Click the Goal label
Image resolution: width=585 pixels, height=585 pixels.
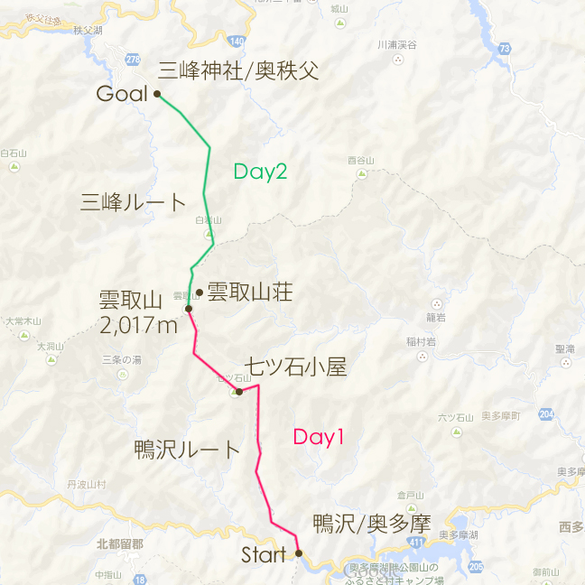point(121,94)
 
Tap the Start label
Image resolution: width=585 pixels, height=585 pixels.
point(263,555)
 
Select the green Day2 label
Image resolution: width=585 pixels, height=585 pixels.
point(260,171)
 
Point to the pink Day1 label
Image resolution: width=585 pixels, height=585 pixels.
point(319,438)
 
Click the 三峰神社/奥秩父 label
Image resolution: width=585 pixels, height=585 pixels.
point(238,71)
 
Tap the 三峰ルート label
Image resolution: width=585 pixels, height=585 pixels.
point(133,202)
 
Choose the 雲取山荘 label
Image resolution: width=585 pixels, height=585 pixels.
point(250,292)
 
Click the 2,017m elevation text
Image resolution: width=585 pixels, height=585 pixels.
point(139,325)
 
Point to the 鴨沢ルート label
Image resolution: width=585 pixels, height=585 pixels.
point(187,449)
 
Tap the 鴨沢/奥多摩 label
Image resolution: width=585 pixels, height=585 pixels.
point(371,524)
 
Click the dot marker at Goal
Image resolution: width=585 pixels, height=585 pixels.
point(157,93)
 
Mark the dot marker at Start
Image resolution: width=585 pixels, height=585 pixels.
point(299,553)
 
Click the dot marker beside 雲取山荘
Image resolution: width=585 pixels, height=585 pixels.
point(199,292)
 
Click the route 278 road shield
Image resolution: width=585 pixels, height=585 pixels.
point(133,60)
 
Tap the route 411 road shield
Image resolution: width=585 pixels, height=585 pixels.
point(414,541)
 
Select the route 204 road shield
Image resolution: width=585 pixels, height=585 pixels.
point(546,414)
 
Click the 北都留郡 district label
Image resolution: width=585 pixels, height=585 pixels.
point(119,543)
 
